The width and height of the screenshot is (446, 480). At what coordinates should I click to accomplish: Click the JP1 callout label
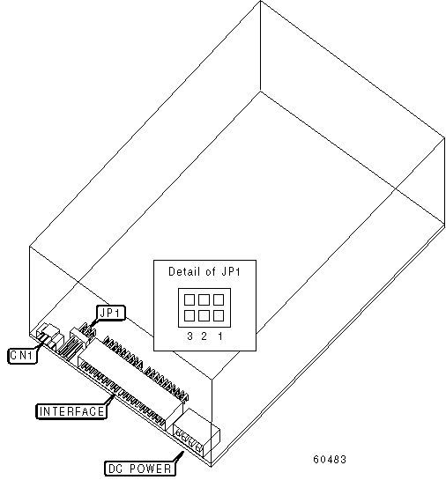pyautogui.click(x=111, y=313)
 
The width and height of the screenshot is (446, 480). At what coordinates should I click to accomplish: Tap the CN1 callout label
pyautogui.click(x=22, y=356)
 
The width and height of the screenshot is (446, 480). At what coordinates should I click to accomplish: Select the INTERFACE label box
pyautogui.click(x=71, y=411)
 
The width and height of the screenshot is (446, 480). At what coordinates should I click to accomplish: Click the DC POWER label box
pyautogui.click(x=139, y=469)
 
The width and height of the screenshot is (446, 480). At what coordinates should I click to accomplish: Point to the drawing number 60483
pyautogui.click(x=330, y=459)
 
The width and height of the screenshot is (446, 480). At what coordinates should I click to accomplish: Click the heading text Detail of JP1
pyautogui.click(x=204, y=271)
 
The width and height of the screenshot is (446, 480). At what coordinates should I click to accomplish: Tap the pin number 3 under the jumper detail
pyautogui.click(x=190, y=336)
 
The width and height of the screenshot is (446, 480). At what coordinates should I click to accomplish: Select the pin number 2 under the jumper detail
pyautogui.click(x=204, y=336)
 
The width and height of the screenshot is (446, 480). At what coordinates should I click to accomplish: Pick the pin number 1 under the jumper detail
pyautogui.click(x=220, y=336)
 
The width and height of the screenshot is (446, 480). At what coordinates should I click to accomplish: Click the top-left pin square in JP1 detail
pyautogui.click(x=190, y=299)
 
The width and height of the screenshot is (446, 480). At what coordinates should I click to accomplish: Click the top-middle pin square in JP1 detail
pyautogui.click(x=204, y=299)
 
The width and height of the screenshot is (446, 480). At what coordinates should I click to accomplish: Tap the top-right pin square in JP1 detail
pyautogui.click(x=219, y=299)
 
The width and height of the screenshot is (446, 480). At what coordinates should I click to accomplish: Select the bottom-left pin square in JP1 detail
pyautogui.click(x=190, y=315)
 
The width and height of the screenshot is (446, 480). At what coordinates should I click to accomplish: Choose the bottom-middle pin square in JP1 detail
pyautogui.click(x=204, y=315)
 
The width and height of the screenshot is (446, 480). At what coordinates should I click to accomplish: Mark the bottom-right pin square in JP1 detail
pyautogui.click(x=219, y=315)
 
